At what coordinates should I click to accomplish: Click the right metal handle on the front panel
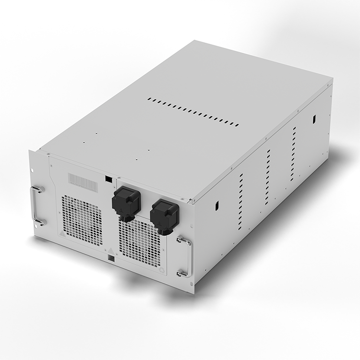[184, 256]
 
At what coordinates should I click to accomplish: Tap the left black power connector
[126, 201]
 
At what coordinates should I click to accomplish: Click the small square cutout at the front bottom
[112, 259]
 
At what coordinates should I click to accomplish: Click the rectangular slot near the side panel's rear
[313, 118]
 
